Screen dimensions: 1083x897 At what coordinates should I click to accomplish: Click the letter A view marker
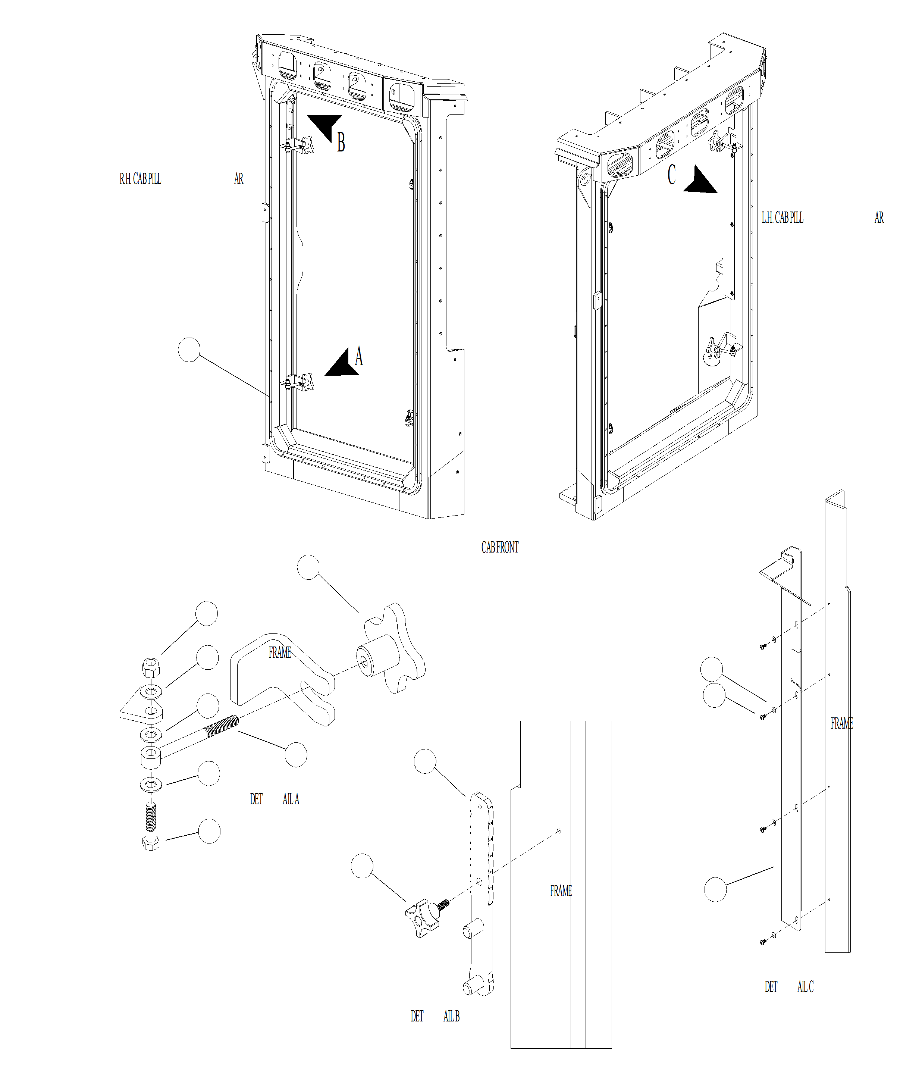359,356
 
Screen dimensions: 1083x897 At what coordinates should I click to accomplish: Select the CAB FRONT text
499,547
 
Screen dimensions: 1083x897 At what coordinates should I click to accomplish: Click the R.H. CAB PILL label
140,179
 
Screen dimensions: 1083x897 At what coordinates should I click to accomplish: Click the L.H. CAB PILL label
782,217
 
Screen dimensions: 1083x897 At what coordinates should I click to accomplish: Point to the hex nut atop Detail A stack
151,667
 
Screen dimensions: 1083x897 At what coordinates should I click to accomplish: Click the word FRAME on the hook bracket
280,652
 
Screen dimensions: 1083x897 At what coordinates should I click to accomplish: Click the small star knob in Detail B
422,918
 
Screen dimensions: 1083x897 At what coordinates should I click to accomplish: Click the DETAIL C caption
789,986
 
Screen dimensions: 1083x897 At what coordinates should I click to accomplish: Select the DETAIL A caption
274,799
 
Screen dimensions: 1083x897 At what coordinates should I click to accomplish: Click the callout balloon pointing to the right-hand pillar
189,350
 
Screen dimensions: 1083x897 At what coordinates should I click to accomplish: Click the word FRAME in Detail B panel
560,890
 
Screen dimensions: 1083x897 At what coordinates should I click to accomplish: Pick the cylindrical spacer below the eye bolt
151,757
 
